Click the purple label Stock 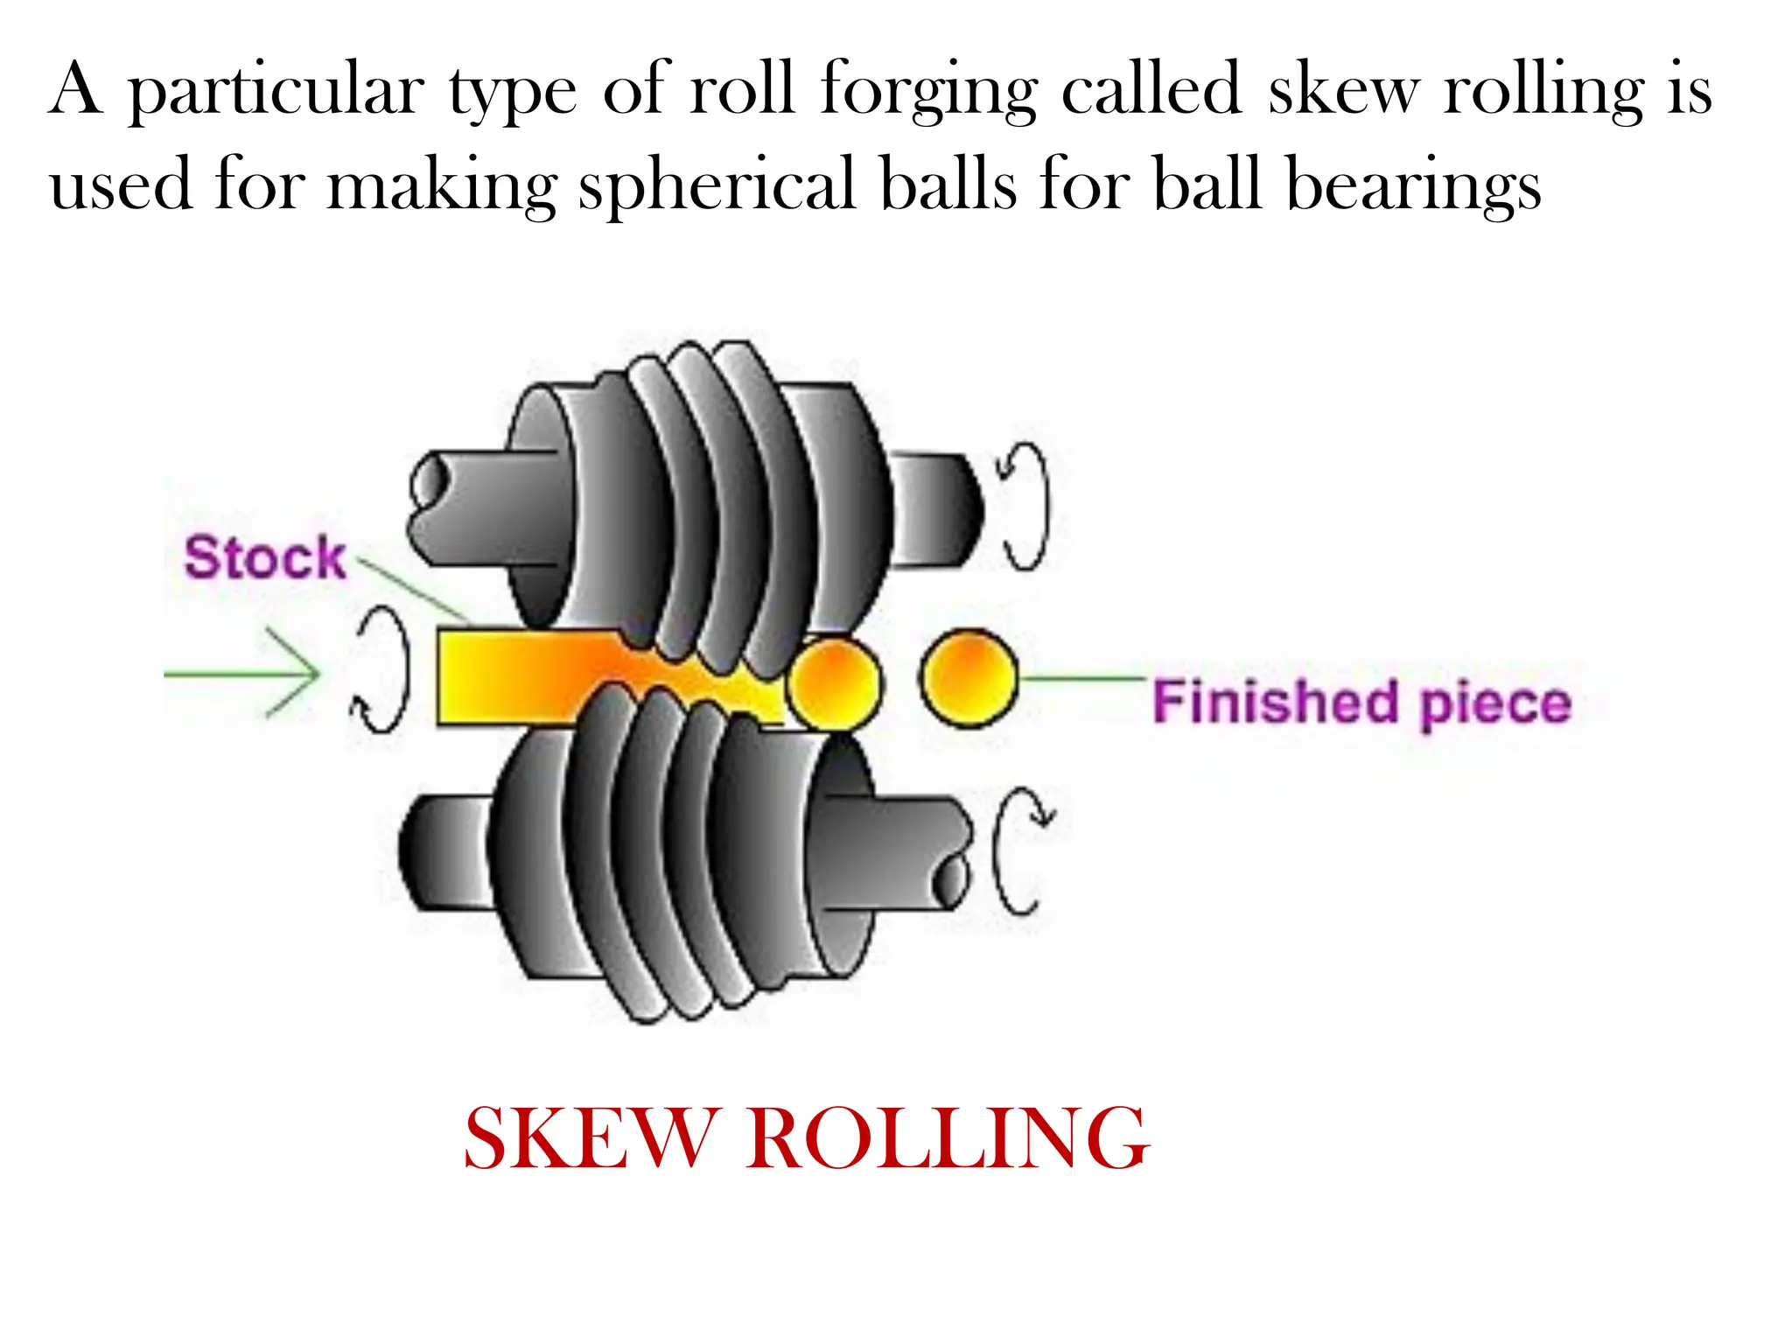tap(264, 557)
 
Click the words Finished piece tap(1361, 703)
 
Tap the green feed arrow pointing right tap(245, 673)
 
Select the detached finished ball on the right tap(969, 678)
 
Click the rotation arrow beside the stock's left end tap(382, 669)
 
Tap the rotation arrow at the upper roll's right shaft tap(1025, 506)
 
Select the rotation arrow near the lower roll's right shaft tap(1019, 850)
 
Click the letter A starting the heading tap(77, 89)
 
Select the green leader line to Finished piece tap(1083, 678)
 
